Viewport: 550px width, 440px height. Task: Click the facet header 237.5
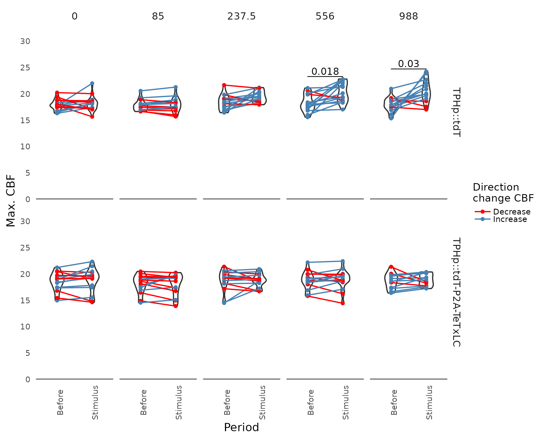tap(241, 16)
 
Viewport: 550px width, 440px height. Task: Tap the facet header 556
tap(325, 16)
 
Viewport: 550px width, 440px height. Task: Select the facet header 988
tap(408, 16)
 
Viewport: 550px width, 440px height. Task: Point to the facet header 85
tap(158, 16)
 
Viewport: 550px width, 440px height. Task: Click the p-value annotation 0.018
tap(325, 72)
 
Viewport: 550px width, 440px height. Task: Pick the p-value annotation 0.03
tap(408, 64)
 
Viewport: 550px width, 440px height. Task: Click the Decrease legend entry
tap(512, 212)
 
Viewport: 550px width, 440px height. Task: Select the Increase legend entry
tap(510, 219)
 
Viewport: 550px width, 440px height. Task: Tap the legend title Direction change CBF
tap(503, 193)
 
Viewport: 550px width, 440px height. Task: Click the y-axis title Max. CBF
tap(11, 201)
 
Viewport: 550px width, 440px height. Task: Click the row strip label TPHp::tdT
tap(456, 112)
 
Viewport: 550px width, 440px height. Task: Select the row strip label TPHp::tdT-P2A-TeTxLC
tap(456, 292)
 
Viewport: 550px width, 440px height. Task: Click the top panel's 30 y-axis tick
tap(25, 42)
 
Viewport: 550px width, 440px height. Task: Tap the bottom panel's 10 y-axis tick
tap(25, 327)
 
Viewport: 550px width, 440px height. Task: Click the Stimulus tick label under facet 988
tap(429, 402)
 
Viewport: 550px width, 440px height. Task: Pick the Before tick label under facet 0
tap(60, 402)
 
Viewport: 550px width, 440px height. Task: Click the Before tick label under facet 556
tap(311, 402)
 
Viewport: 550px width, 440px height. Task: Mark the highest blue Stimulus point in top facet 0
tap(92, 83)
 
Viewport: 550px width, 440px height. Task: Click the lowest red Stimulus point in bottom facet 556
tap(343, 303)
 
